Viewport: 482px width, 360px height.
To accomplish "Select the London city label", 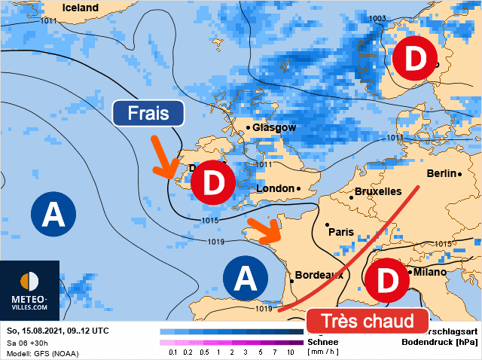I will point(275,188).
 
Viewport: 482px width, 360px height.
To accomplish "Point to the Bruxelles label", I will point(377,191).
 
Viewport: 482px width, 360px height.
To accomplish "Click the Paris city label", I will point(340,231).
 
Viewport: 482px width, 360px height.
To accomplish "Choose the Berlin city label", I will point(441,173).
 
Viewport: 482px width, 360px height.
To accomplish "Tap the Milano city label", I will point(426,272).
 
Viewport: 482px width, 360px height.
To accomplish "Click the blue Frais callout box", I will point(148,114).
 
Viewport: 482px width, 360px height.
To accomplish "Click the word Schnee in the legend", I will point(322,340).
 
